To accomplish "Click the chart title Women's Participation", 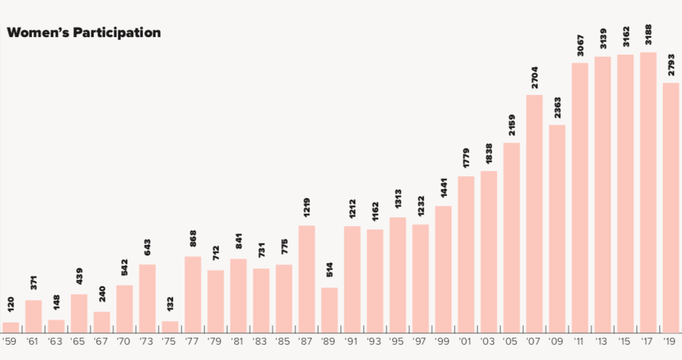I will pos(83,32).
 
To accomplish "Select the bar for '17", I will pos(648,192).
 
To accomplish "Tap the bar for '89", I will pos(329,310).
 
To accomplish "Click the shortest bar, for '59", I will pos(11,327).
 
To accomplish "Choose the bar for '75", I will pos(170,326).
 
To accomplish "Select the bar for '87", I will pos(307,279).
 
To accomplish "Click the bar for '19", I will pos(671,207).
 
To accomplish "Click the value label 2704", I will pos(535,77).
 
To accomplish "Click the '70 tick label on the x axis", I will pos(124,342).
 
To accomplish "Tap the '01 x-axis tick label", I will pos(465,342).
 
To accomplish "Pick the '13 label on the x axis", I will pos(602,342).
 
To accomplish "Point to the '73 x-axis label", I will pos(147,342).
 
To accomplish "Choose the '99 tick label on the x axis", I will pos(443,342).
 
